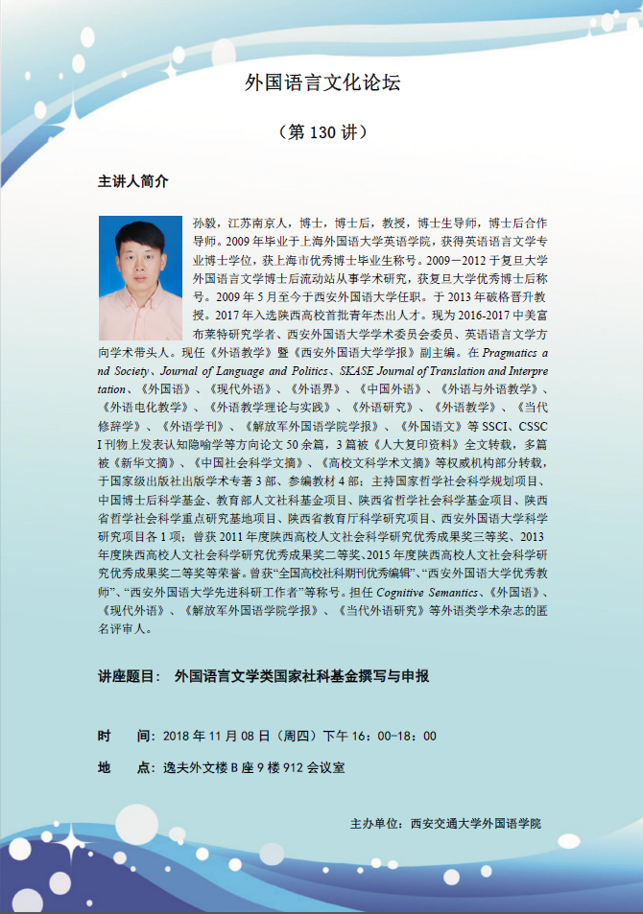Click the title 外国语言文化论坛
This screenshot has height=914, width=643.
click(321, 83)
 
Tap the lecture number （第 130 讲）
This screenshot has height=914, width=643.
click(321, 132)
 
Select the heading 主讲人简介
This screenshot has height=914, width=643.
click(133, 181)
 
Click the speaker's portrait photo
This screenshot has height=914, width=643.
click(140, 278)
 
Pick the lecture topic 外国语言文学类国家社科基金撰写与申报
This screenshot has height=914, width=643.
click(301, 675)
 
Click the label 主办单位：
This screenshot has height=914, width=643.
click(378, 823)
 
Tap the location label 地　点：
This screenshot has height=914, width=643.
click(126, 767)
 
